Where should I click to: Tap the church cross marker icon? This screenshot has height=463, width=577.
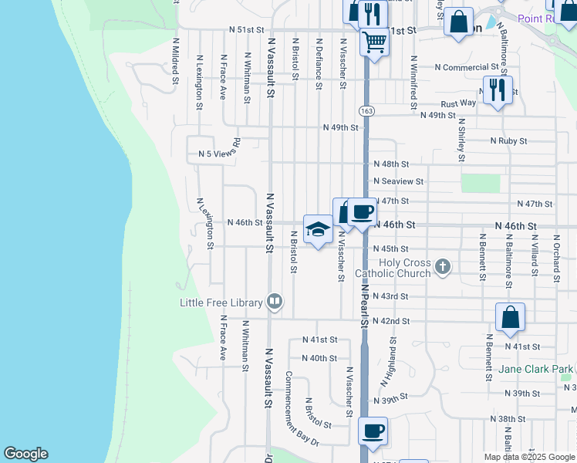click(442, 267)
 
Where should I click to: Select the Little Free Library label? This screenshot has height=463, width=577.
click(221, 302)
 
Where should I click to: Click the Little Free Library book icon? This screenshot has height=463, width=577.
click(275, 302)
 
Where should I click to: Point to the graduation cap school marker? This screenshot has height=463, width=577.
click(317, 228)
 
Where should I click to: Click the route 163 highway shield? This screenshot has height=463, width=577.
click(366, 112)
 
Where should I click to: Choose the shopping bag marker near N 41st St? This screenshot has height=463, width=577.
click(510, 317)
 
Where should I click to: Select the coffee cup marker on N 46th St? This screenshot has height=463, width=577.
click(362, 211)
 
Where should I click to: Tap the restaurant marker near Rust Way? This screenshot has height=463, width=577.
click(498, 90)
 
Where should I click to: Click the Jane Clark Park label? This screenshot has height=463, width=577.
click(535, 369)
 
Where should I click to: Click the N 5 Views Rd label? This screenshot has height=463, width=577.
click(220, 154)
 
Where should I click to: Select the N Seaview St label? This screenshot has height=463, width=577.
click(398, 181)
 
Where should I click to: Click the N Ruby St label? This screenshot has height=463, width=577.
click(508, 141)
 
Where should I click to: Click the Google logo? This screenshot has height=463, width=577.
click(25, 454)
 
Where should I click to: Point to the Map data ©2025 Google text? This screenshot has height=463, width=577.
click(528, 457)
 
